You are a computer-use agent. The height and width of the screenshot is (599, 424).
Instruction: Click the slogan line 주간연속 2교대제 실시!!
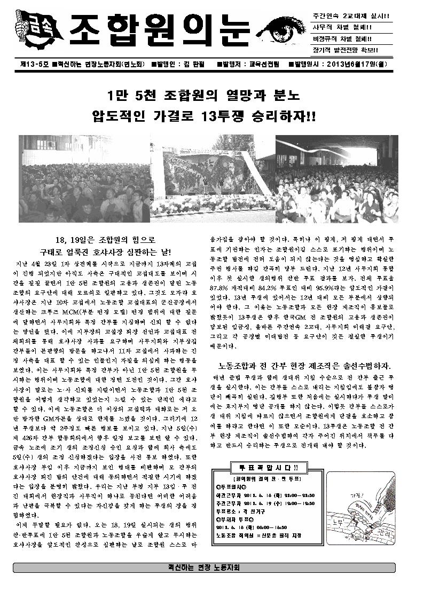point(351,15)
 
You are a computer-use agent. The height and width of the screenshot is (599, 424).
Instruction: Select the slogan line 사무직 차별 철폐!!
point(342,27)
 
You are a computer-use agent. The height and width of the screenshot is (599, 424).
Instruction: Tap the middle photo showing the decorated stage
point(213,178)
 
